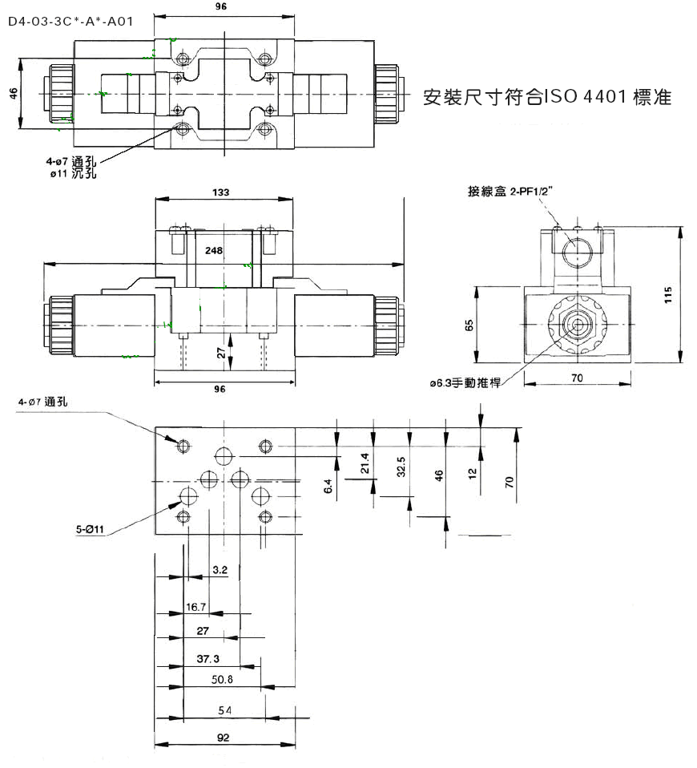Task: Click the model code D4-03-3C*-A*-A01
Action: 71,22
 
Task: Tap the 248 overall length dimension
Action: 214,251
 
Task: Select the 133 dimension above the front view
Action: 221,192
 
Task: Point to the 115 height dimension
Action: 668,295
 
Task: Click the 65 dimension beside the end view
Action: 469,325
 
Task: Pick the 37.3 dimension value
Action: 208,659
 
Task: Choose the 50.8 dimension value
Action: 222,679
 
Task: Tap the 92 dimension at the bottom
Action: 223,738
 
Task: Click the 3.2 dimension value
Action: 220,570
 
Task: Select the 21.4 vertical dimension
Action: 365,463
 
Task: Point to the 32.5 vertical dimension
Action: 401,467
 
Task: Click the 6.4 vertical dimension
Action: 328,486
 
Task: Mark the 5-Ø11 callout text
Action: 90,529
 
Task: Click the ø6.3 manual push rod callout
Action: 465,383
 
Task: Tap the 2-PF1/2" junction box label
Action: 510,191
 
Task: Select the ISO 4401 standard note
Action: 547,97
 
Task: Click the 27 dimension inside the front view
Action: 221,354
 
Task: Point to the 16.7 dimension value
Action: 195,607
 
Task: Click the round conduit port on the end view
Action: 577,253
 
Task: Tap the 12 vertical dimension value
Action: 472,474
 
